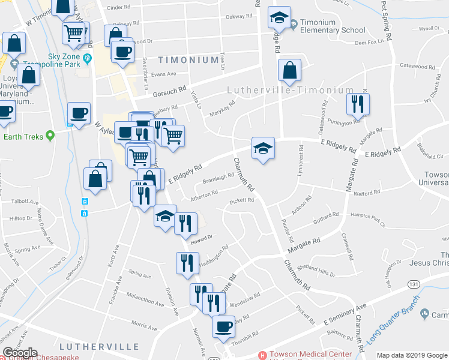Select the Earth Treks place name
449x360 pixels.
(23, 137)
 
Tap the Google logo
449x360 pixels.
(20, 353)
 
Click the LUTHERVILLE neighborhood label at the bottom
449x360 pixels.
(99, 347)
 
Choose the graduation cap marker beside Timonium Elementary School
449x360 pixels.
(279, 18)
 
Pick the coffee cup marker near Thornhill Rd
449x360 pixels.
(223, 326)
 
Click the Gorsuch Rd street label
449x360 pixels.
(170, 90)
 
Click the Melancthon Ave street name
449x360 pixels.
(145, 300)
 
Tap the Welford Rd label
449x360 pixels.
(367, 193)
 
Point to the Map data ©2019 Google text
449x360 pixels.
(411, 355)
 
